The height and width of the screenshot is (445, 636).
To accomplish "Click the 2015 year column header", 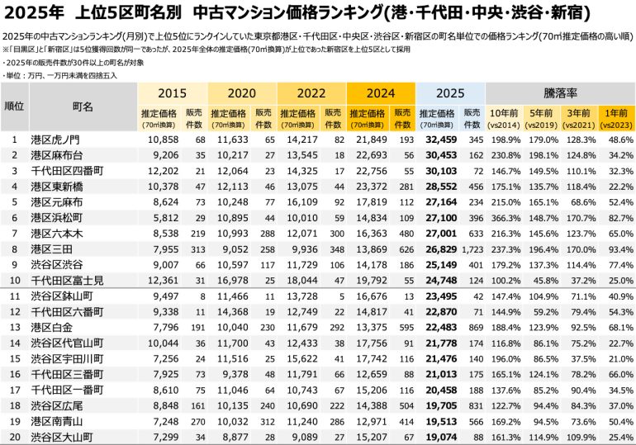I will (x=172, y=93).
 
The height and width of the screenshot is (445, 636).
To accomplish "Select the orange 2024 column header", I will (x=381, y=93).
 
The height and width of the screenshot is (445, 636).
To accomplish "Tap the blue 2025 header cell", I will (x=450, y=93).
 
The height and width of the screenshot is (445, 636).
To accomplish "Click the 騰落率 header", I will (x=559, y=92).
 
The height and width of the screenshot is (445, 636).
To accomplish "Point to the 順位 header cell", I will (x=14, y=107).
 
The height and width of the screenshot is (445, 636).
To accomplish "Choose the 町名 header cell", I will (x=83, y=107).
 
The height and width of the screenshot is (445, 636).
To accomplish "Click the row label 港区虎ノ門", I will (x=55, y=140).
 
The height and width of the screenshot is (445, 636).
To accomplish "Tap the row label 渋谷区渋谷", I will (x=55, y=265).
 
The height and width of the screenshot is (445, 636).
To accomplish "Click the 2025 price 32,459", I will (x=440, y=140).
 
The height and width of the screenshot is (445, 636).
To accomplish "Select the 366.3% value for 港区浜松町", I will (x=505, y=218).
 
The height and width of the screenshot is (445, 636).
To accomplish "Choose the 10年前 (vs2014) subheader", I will (x=505, y=116).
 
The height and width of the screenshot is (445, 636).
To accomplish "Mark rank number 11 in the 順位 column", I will (x=14, y=296).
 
